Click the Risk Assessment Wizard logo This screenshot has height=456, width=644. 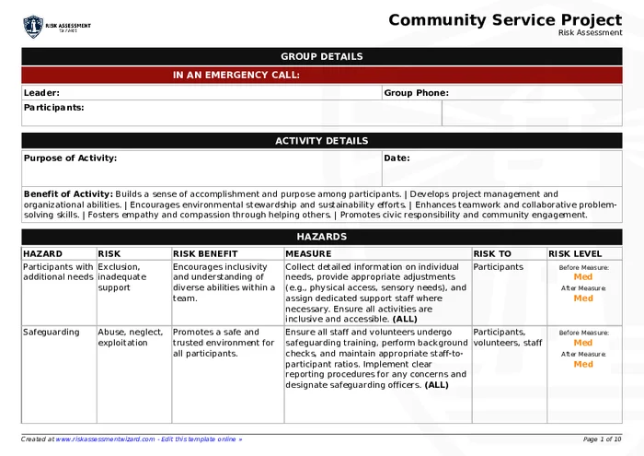tap(56, 27)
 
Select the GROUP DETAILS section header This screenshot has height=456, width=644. tap(321, 56)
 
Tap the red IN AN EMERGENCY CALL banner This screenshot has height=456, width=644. tap(321, 76)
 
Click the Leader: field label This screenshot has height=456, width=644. tap(41, 93)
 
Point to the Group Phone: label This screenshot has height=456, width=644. tap(416, 93)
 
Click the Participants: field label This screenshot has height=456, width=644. tap(53, 108)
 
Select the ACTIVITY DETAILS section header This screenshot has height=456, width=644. tap(321, 141)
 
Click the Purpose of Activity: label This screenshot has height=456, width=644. tap(70, 158)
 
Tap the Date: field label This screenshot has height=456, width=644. tap(397, 158)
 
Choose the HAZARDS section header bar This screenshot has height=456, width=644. tap(321, 237)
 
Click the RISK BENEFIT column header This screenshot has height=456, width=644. tap(205, 253)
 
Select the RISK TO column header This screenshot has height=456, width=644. tap(492, 253)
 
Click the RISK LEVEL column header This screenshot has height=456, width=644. tap(575, 253)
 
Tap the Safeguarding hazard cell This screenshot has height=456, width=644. tap(51, 333)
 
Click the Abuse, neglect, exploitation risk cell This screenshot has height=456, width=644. tap(131, 337)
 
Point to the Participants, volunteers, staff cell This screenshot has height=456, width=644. tap(508, 337)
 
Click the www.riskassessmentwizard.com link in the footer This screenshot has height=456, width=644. tap(105, 439)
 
